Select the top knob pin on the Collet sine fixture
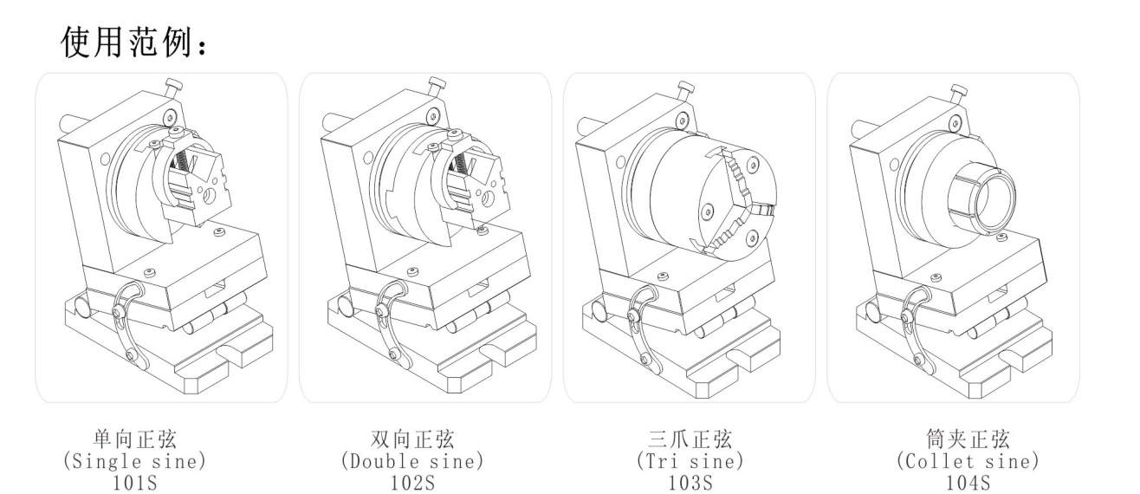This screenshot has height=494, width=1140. click(958, 92)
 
